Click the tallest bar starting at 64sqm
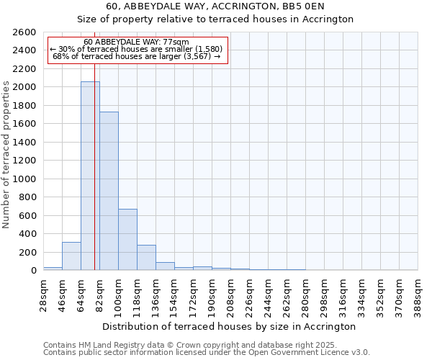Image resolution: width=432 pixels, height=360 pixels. click(x=90, y=176)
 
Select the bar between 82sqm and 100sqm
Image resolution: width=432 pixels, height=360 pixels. click(x=109, y=191)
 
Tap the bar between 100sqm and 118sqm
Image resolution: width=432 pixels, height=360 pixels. click(x=127, y=239)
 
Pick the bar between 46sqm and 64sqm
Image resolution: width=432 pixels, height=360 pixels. click(x=71, y=256)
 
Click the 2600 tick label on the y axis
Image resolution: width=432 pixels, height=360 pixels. click(x=24, y=32)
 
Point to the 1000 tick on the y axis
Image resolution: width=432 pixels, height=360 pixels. click(x=24, y=179)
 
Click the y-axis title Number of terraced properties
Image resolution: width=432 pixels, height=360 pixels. click(x=6, y=155)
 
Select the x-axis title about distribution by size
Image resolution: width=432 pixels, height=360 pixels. click(x=230, y=326)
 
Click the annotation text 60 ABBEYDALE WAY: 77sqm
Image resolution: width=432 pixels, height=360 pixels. click(x=136, y=42)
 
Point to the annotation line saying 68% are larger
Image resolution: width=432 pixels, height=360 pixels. click(x=136, y=56)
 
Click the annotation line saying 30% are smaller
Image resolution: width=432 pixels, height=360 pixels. click(x=136, y=49)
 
